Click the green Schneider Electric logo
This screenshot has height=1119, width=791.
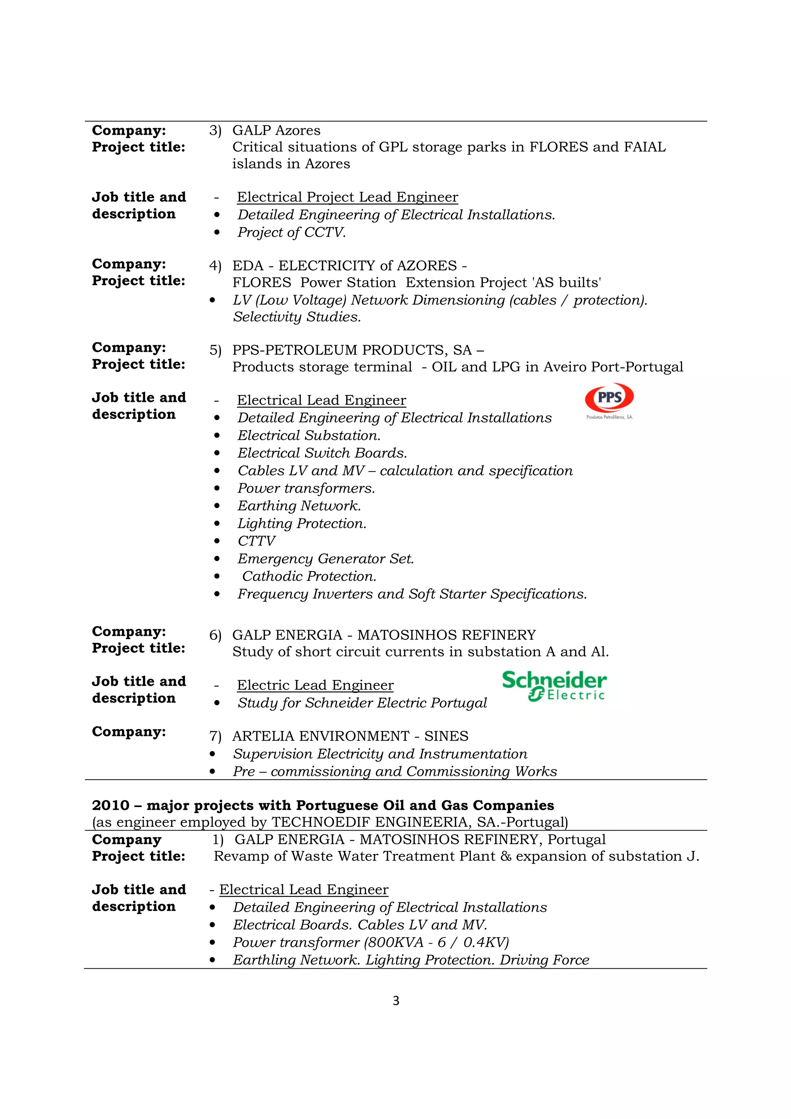(554, 686)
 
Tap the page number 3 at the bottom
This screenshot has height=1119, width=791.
(396, 1000)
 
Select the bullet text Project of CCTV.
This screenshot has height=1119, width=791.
(292, 232)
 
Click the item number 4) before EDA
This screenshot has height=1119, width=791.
(215, 266)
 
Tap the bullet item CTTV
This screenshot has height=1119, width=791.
(256, 541)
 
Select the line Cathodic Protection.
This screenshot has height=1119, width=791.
(309, 576)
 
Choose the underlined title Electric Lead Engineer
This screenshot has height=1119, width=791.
(315, 685)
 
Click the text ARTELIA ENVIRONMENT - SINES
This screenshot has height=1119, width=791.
(350, 736)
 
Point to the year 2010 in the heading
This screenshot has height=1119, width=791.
(110, 805)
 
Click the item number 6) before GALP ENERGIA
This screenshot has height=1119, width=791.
(215, 635)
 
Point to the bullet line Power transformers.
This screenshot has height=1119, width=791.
(306, 488)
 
